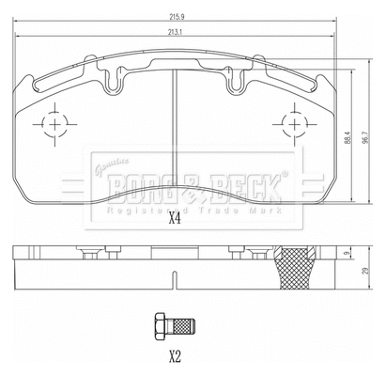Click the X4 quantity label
click(174, 221)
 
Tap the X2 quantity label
click(174, 356)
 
